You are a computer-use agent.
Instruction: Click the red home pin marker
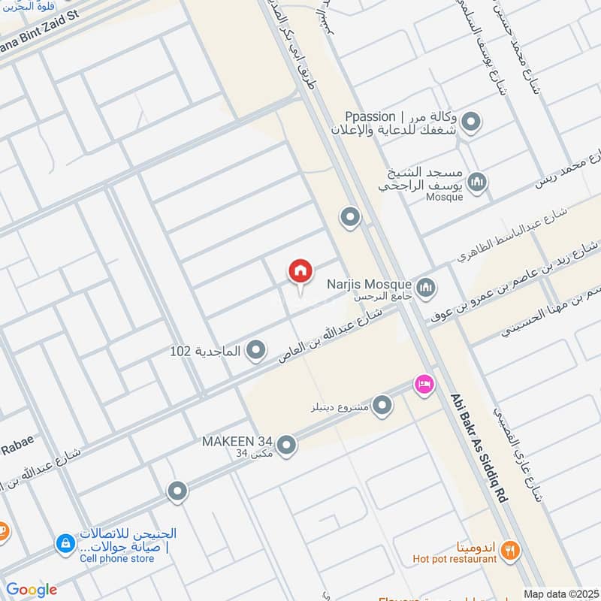click(x=300, y=271)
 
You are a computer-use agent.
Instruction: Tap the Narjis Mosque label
click(x=368, y=285)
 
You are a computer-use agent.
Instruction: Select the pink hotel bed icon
click(x=424, y=383)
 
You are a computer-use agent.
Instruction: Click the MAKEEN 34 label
click(x=236, y=441)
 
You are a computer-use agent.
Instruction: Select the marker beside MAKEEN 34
click(x=286, y=444)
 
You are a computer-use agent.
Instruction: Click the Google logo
click(x=32, y=590)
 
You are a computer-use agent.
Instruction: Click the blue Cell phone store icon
click(x=65, y=542)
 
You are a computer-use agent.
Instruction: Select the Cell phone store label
click(x=116, y=558)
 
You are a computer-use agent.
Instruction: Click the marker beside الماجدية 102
click(x=256, y=350)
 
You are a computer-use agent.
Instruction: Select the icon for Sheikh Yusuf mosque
click(x=477, y=181)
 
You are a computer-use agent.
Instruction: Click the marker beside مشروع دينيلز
click(x=383, y=406)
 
